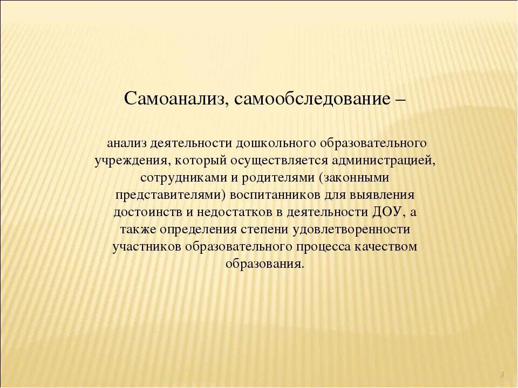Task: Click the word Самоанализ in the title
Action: pos(168,99)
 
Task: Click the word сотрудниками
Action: pos(176,178)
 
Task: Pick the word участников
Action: pos(146,247)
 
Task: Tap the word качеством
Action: pos(386,247)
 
